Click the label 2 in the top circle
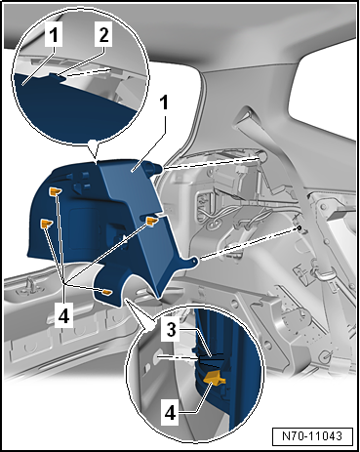(103, 34)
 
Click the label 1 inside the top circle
(54, 34)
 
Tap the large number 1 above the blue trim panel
(165, 103)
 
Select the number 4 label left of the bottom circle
(63, 315)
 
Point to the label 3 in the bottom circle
(172, 330)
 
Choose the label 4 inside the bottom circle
(170, 414)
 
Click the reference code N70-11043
(312, 435)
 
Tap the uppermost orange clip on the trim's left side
(55, 191)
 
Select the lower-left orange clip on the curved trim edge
(46, 224)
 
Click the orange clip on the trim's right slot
(152, 221)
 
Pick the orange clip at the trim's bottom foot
(106, 293)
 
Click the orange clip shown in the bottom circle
(215, 378)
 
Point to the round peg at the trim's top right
(155, 169)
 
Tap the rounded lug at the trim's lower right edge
(193, 262)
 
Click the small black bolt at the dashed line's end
(299, 227)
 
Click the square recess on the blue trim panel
(83, 229)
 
